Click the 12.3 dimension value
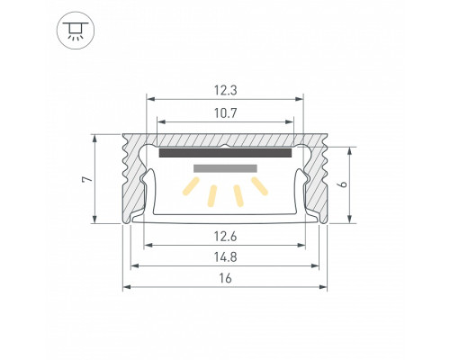coord(225,90)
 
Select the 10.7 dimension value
coord(225,113)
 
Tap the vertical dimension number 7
coord(85,179)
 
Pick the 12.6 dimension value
coord(225,237)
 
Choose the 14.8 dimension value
coord(225,257)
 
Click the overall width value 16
coord(225,279)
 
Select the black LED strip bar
coord(225,153)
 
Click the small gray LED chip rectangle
coord(225,167)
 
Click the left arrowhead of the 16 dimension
coord(126,287)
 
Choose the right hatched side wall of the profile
coord(317,180)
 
